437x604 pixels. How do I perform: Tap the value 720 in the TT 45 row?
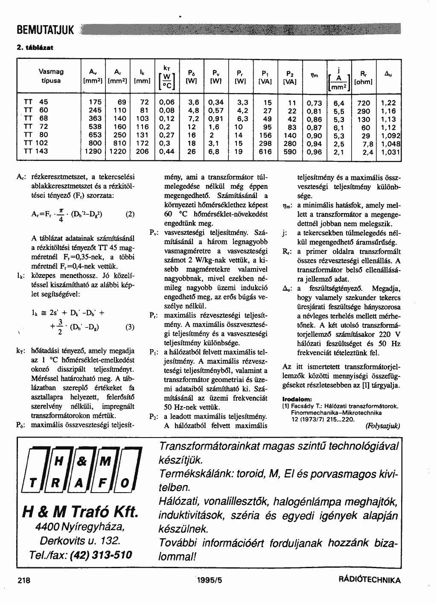point(364,103)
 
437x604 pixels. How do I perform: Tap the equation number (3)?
point(130,327)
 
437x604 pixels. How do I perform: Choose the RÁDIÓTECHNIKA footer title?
point(369,581)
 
